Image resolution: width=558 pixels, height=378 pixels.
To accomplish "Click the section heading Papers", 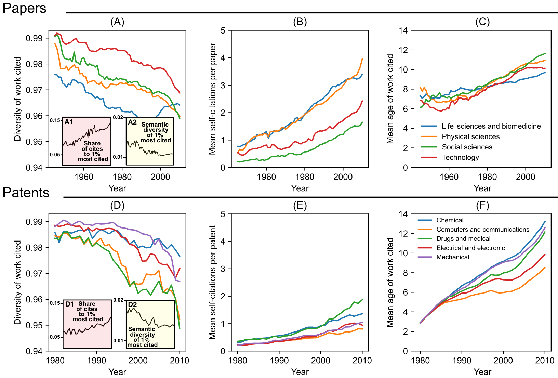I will coord(24,8).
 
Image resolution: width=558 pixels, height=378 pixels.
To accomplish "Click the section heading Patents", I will coord(26,193).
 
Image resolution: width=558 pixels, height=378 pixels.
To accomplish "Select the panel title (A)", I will coord(117,22).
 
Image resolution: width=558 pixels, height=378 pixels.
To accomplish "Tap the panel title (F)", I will coord(482,206).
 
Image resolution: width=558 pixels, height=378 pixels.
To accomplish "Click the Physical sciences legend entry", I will coord(470,137).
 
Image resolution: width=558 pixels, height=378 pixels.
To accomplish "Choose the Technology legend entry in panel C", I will coord(460,157).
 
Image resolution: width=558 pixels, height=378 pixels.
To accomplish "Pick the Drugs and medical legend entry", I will coord(463,239).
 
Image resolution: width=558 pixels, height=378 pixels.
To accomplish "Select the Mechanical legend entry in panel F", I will coord(453,257).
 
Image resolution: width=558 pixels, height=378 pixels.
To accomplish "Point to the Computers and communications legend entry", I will coord(482,230).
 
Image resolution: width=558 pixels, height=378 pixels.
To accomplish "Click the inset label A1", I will coord(69,122).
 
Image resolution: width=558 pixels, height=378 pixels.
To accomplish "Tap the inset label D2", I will coord(132,304).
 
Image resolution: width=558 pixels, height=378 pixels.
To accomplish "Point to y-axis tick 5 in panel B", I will coord(223,30).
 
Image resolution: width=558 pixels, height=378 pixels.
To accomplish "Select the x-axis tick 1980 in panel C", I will coord(487,177).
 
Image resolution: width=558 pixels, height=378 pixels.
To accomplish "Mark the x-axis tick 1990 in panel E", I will coord(279,361).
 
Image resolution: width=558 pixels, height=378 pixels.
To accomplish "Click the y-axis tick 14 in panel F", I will coord(403,214).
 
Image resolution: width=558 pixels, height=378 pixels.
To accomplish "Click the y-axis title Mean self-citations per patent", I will coord(213,282).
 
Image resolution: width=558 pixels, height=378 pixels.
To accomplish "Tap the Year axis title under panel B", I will coord(300,188).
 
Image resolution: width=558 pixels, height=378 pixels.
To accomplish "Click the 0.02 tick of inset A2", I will coord(118,117).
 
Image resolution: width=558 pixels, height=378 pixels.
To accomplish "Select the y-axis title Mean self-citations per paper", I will coord(213,99).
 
